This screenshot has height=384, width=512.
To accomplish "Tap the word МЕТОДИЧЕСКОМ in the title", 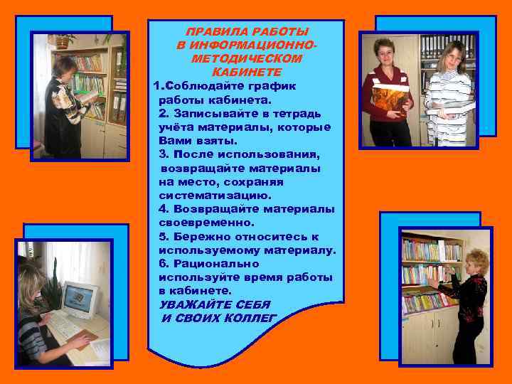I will [x=247, y=59].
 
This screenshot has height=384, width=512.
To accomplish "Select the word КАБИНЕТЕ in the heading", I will [x=247, y=73].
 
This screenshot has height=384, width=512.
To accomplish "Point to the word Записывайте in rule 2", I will [x=210, y=113].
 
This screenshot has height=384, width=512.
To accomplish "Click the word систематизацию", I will [x=215, y=195].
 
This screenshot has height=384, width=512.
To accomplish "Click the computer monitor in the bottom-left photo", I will [x=81, y=299].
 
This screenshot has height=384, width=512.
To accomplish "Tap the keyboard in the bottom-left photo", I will [x=63, y=326].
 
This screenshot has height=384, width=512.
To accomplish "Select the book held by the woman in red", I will [x=389, y=100].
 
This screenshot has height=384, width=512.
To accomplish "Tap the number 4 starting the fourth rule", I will [x=163, y=209].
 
